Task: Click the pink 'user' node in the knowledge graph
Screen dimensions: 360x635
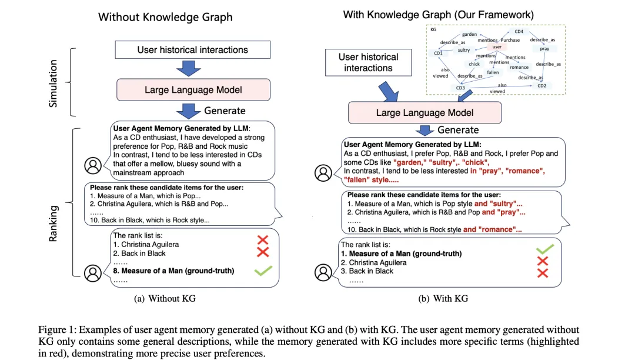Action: (497, 46)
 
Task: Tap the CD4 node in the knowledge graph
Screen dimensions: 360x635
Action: (519, 31)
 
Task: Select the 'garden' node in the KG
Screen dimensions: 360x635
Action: (469, 35)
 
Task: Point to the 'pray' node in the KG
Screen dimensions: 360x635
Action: (544, 49)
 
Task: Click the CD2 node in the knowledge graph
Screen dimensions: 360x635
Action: (542, 86)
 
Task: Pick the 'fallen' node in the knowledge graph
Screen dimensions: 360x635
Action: (493, 72)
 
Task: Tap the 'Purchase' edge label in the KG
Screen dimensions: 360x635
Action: (510, 40)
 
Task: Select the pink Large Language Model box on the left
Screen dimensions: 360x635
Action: (193, 90)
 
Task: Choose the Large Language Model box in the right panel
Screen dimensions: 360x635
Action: (425, 112)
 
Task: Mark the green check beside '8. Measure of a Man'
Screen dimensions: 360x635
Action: (262, 271)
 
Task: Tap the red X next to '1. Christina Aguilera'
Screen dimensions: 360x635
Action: (263, 239)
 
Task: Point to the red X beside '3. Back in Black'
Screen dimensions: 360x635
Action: (543, 272)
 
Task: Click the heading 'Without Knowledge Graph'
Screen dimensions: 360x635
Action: (165, 17)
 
